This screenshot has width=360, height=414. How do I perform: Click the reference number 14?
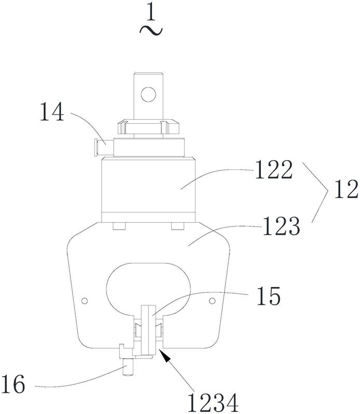pyautogui.click(x=52, y=112)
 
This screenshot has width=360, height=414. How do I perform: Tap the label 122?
pyautogui.click(x=274, y=169)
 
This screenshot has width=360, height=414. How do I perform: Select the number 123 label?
pyautogui.click(x=281, y=226)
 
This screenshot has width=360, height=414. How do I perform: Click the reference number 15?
pyautogui.click(x=269, y=296)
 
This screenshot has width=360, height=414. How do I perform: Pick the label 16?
pyautogui.click(x=12, y=384)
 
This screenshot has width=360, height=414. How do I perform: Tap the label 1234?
pyautogui.click(x=213, y=403)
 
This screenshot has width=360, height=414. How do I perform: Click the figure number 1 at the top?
pyautogui.click(x=151, y=12)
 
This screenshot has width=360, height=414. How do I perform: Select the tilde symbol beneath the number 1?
pyautogui.click(x=151, y=31)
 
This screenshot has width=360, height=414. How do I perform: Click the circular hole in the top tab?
pyautogui.click(x=148, y=94)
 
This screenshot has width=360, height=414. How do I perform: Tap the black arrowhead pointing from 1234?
pyautogui.click(x=164, y=354)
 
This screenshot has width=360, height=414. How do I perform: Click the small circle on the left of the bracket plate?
pyautogui.click(x=85, y=301)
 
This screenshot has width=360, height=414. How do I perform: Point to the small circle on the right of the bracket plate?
pyautogui.click(x=212, y=301)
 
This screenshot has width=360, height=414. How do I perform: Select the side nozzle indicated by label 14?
pyautogui.click(x=104, y=147)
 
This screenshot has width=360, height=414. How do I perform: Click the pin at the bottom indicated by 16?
pyautogui.click(x=128, y=367)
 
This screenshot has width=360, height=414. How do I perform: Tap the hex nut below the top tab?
pyautogui.click(x=148, y=126)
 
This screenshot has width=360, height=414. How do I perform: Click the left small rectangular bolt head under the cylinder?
pyautogui.click(x=119, y=226)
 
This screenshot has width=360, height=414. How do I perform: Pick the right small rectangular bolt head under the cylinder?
pyautogui.click(x=177, y=226)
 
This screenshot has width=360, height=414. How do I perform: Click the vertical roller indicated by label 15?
pyautogui.click(x=148, y=330)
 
